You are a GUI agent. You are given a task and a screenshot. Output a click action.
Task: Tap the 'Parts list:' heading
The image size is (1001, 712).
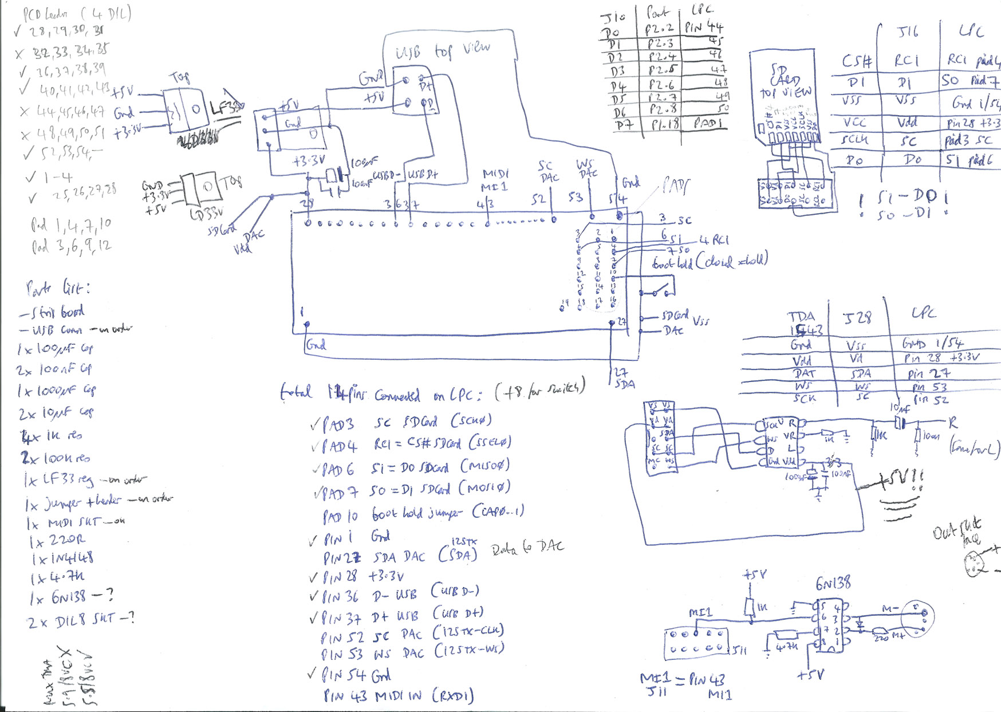58,288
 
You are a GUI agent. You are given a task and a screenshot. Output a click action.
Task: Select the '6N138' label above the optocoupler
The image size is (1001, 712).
833,584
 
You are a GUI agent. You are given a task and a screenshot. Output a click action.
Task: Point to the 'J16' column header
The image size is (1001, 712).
909,32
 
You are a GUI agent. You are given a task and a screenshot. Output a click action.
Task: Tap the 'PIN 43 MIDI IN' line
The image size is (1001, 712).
399,696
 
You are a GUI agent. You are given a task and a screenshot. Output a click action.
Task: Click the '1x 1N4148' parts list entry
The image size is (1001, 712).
63,558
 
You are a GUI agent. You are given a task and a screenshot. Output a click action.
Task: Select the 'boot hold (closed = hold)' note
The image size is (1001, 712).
710,262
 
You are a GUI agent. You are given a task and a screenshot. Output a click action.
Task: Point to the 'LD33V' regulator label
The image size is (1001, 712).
206,214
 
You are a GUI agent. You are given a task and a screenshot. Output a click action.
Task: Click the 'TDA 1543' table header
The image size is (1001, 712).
806,324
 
